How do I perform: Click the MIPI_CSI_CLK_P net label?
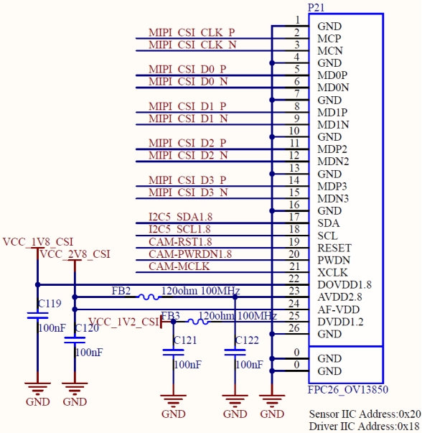[192, 32]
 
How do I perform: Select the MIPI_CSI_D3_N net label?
[188, 192]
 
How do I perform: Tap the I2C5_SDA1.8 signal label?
[181, 217]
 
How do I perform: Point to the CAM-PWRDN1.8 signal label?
[190, 254]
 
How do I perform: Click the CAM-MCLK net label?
[179, 266]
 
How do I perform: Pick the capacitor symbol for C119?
[38, 315]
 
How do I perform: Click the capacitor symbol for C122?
[235, 352]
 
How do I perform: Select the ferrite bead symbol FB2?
[149, 297]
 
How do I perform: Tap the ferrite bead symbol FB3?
[198, 322]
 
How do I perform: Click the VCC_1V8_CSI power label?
[38, 242]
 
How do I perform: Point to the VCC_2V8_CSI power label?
[75, 254]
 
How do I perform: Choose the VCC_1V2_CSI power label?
[124, 322]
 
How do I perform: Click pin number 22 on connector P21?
[294, 279]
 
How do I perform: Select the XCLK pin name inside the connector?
[332, 273]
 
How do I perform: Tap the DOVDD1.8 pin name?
[344, 284]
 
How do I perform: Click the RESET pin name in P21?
[334, 248]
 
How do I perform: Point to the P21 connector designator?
[316, 7]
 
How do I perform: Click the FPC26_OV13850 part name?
[348, 390]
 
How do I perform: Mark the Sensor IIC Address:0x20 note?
[365, 414]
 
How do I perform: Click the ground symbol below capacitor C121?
[174, 401]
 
